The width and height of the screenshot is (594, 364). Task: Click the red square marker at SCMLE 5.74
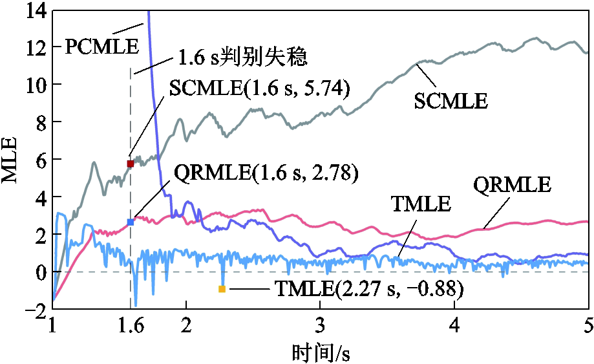(131, 164)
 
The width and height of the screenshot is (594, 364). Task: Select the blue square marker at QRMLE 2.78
(131, 222)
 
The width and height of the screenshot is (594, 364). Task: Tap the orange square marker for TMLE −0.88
(222, 289)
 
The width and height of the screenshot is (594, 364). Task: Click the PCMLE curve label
(102, 47)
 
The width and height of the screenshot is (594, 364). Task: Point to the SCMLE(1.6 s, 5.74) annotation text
(259, 88)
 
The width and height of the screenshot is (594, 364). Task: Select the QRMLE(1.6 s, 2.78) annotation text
(266, 173)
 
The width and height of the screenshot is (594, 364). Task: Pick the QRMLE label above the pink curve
(512, 186)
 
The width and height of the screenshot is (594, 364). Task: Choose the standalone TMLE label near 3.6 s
(421, 205)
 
